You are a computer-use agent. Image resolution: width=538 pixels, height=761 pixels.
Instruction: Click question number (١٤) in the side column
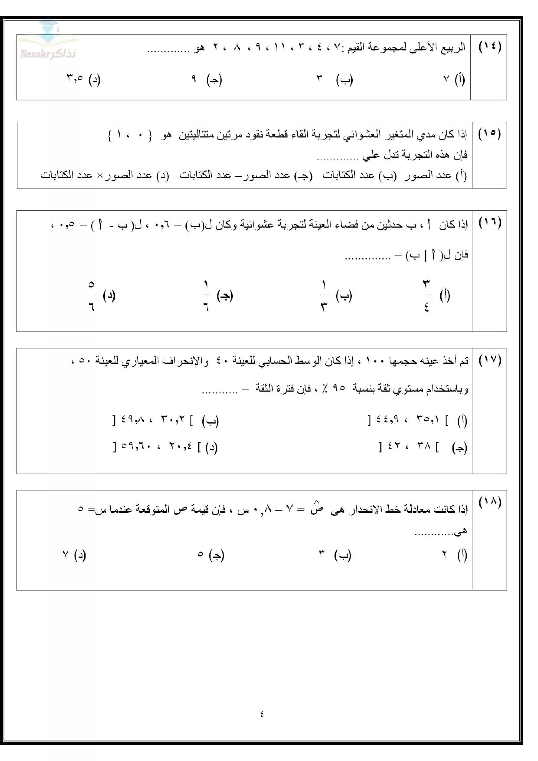pos(490,47)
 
